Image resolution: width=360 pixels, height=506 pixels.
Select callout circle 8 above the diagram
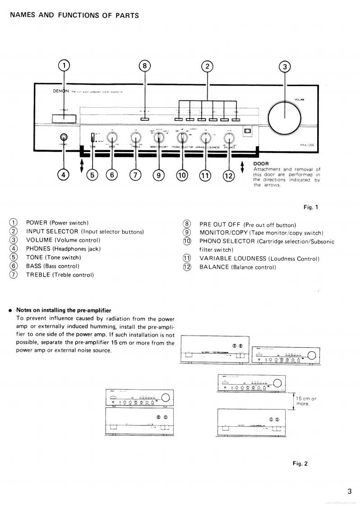[145, 66]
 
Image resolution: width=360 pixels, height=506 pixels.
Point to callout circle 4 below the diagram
[64, 175]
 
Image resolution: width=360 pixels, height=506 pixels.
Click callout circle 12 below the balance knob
[228, 175]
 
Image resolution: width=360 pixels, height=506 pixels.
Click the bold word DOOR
[260, 164]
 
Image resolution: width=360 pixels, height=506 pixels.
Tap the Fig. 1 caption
[311, 207]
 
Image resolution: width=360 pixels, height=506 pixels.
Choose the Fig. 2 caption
[300, 463]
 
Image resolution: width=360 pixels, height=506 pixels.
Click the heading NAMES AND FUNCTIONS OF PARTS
[74, 15]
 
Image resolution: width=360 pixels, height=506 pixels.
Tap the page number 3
[349, 492]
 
